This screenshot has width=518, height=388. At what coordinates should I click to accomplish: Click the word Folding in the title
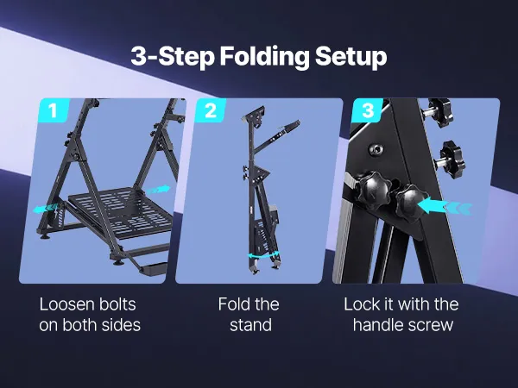coord(264,57)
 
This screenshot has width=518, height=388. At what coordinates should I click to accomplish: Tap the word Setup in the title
coord(351,57)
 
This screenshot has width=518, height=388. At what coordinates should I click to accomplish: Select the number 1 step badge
coord(54,110)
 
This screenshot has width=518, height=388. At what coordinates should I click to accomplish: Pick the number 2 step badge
coord(211,110)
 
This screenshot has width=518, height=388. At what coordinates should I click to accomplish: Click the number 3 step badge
coord(368,110)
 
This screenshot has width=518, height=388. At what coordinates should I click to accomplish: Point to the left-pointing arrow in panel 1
coord(47,209)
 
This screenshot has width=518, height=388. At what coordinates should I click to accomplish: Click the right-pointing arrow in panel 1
coord(158,190)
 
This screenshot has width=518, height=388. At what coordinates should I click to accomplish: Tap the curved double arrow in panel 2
coord(263,255)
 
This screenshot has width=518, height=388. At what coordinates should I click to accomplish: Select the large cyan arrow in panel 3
coord(445,206)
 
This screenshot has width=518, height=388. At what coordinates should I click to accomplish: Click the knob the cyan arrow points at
coord(409,201)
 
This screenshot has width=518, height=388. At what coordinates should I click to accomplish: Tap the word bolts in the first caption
coord(117,304)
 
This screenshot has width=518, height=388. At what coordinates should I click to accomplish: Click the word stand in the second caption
coord(250,325)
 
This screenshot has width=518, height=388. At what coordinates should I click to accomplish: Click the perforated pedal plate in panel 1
coord(121,212)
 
